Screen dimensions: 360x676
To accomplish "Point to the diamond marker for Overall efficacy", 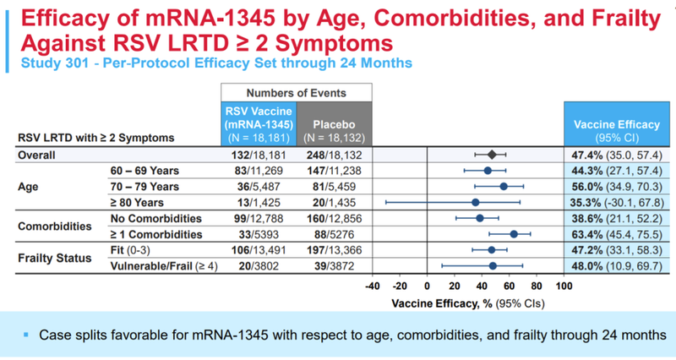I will coord(493,155).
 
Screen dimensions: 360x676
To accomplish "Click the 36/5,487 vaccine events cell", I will coord(256,186).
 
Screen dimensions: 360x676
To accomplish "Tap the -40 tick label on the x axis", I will coord(373,286).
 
